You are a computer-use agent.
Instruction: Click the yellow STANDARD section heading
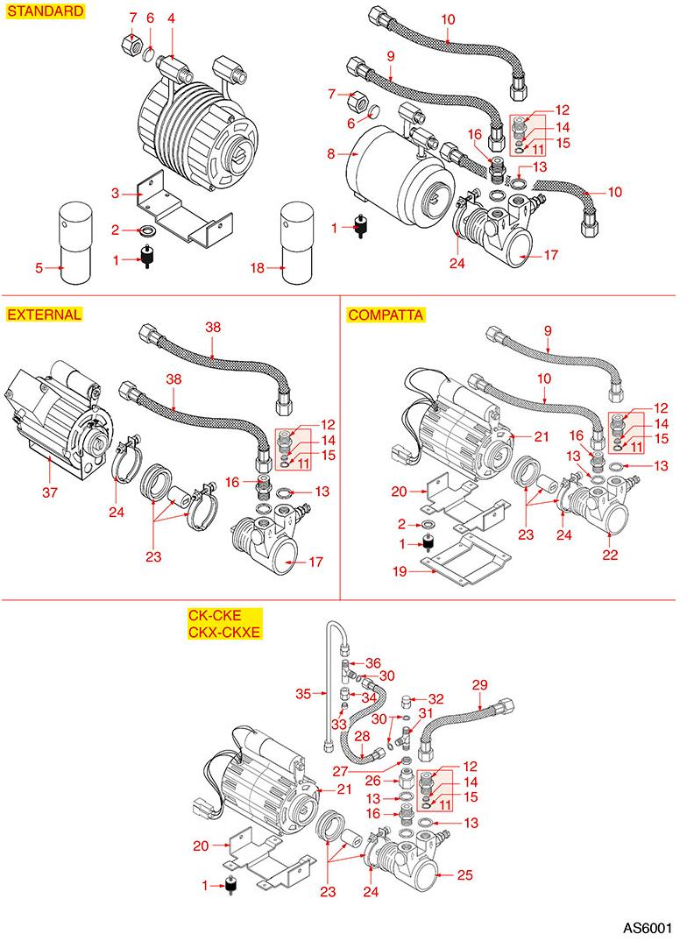tap(46, 12)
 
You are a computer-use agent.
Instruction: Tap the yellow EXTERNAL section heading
tap(44, 315)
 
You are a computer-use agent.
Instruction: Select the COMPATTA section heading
tap(386, 315)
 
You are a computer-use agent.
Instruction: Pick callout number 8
tap(331, 154)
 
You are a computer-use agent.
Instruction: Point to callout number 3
tap(114, 192)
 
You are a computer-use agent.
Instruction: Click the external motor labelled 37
tap(53, 407)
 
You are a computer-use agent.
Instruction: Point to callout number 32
tap(436, 698)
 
